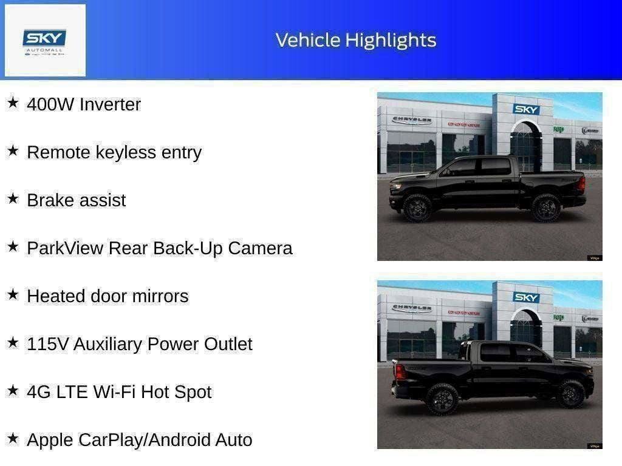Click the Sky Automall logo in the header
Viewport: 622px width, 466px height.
[x=45, y=41]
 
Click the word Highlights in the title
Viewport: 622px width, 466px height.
[x=391, y=40]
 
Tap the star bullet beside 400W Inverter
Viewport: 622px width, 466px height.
[x=13, y=103]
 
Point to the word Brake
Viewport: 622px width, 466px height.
[x=50, y=200]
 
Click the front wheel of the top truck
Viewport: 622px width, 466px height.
[x=417, y=208]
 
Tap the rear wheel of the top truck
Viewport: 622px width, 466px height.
[x=545, y=208]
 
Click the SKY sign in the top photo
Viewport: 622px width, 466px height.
[x=526, y=109]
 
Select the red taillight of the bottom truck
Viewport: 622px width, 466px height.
[x=400, y=372]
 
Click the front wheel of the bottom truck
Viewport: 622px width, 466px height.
[x=570, y=394]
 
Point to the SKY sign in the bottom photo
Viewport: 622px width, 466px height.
[x=526, y=297]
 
